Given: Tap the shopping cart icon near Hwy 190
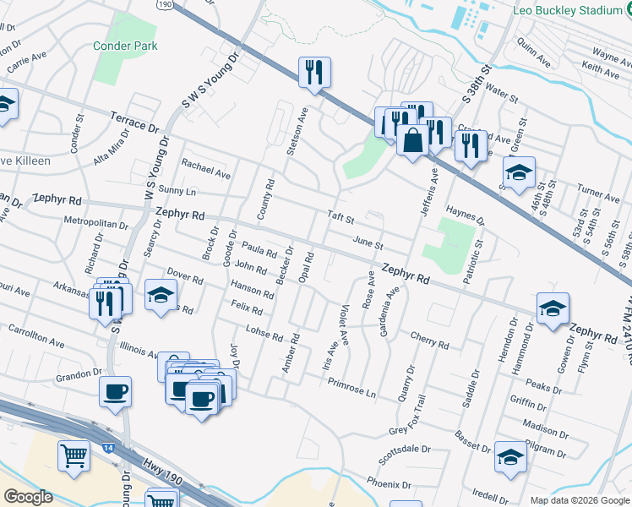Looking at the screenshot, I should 74,456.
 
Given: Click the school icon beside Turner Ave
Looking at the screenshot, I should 519,172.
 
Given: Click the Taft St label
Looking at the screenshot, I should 341,216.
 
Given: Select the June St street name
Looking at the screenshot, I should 368,243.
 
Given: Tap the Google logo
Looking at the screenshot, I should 29,497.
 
